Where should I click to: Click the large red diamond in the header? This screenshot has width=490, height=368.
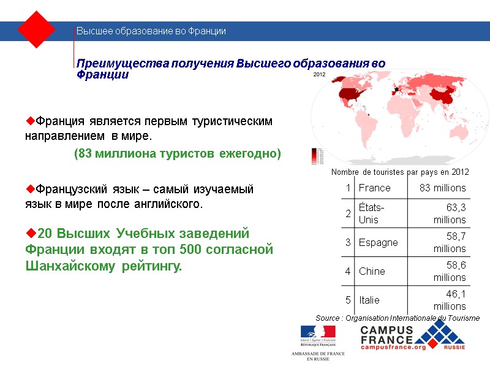[37, 29]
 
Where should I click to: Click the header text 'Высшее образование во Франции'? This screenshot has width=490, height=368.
[151, 31]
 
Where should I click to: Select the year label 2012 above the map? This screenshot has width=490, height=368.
[318, 75]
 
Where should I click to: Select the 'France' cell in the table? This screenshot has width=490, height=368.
[374, 188]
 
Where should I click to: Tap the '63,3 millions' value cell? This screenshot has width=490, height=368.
[450, 213]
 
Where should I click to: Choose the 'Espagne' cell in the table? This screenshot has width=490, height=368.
[378, 242]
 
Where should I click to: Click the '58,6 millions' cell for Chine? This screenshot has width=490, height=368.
[450, 271]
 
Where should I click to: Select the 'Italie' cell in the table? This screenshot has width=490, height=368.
[369, 300]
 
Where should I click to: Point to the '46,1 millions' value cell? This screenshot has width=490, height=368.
[450, 300]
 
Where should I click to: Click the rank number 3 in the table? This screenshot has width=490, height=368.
[348, 242]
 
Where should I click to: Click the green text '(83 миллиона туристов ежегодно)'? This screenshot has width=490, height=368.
[177, 154]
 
